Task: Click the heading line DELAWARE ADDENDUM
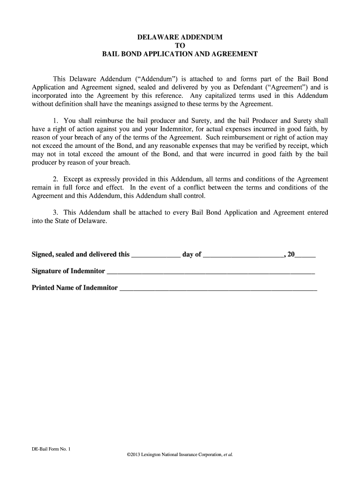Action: [x=180, y=37]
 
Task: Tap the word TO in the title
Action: [x=180, y=45]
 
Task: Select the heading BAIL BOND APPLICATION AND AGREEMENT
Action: [x=180, y=54]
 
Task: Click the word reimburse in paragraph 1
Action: [x=98, y=121]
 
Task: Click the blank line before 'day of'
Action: [x=156, y=255]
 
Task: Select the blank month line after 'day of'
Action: [x=243, y=255]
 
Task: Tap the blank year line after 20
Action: [x=305, y=255]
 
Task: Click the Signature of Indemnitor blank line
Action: [x=210, y=272]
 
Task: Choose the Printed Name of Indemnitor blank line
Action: [x=218, y=289]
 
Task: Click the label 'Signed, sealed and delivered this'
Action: [x=80, y=254]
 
